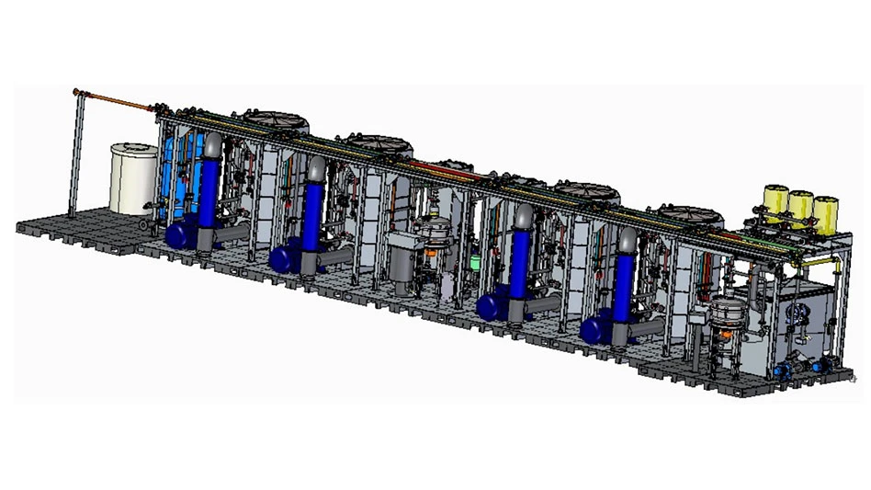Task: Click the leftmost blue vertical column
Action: coord(209,188)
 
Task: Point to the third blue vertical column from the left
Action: coord(521,262)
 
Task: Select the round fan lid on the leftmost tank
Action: coord(277,120)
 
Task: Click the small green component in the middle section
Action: coord(474,261)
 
